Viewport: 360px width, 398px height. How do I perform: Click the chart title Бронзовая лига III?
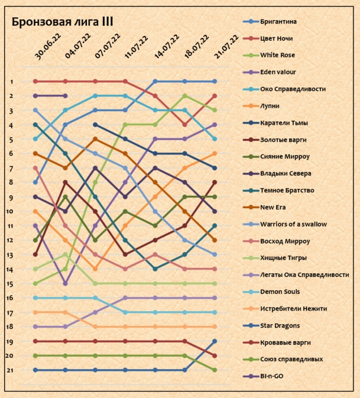pos(63,22)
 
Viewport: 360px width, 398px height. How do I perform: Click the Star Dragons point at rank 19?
pos(215,341)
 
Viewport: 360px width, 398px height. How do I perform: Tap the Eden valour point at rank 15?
pos(65,284)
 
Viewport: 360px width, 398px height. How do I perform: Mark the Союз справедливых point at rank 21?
pos(215,370)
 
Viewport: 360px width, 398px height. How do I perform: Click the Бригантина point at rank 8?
pos(35,183)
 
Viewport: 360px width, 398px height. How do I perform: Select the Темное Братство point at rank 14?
pos(155,269)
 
